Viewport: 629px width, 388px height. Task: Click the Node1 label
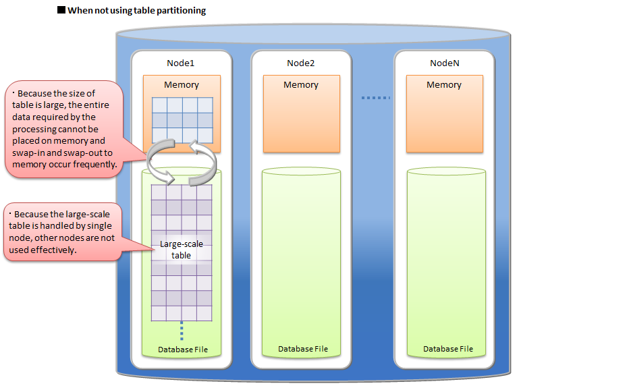click(181, 63)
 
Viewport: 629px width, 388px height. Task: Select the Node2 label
click(300, 63)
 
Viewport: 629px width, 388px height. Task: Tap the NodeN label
click(444, 63)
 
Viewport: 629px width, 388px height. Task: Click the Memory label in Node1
click(182, 85)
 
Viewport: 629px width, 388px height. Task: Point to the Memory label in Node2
click(300, 85)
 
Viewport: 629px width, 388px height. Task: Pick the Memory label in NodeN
click(444, 85)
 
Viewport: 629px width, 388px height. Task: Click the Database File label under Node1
click(183, 350)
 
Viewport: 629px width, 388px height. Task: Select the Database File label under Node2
click(303, 349)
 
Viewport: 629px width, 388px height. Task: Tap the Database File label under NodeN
click(448, 349)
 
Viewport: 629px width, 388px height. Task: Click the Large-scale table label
click(181, 250)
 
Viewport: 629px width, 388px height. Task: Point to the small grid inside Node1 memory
click(182, 119)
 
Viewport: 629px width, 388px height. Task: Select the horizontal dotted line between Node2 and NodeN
click(375, 99)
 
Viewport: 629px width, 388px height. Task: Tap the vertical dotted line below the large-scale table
click(182, 331)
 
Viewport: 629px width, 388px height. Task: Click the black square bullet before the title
click(61, 11)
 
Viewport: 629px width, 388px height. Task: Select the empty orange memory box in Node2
click(301, 121)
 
